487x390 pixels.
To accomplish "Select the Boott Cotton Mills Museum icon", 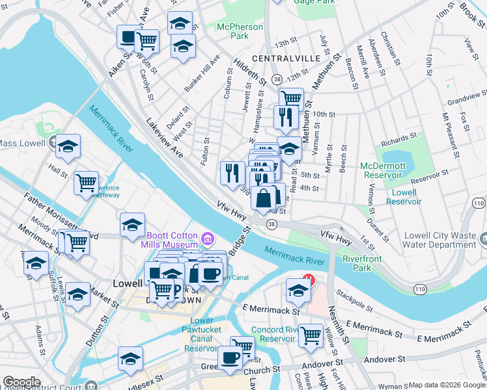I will tap(208, 239).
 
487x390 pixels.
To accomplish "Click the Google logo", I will tap(22, 383).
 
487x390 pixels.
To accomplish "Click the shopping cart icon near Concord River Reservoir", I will tap(311, 334).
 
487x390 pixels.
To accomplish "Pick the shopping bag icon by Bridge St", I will tap(264, 198).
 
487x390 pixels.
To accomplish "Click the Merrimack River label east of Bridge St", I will tap(294, 255).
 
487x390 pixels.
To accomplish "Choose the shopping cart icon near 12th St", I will tap(291, 98).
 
